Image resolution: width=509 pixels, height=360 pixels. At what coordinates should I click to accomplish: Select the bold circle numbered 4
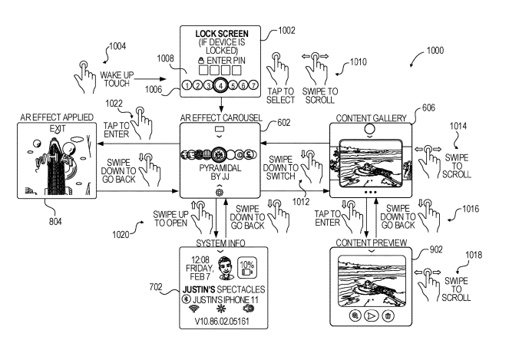pos(220,85)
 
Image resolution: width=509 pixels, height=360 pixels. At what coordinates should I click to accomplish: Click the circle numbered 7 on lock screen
pos(255,85)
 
